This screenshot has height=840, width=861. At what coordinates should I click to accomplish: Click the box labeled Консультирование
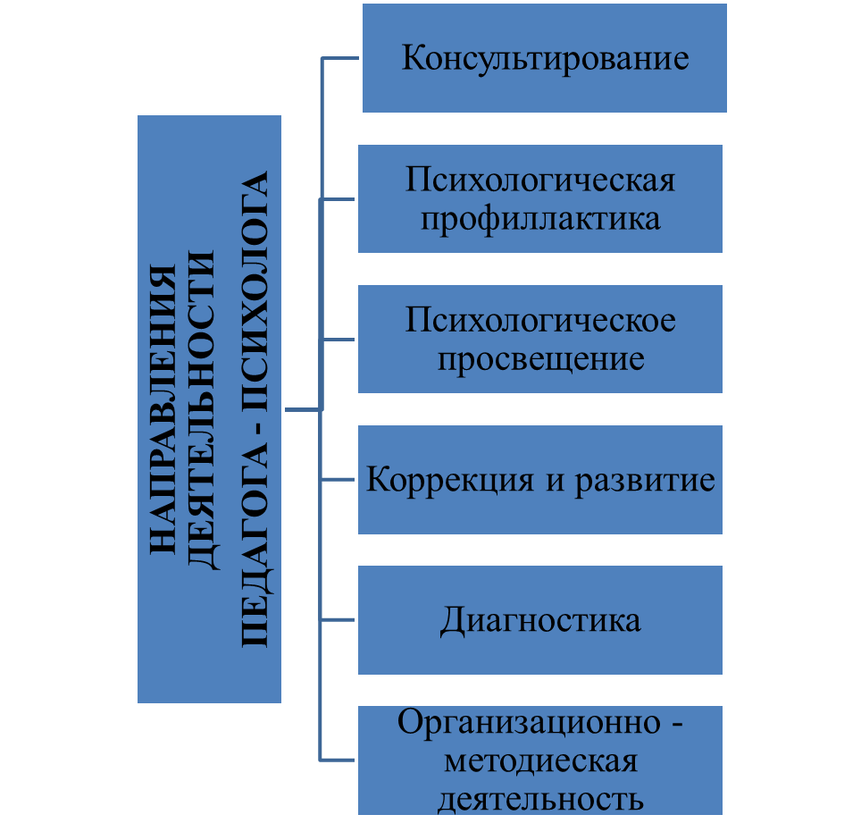(x=545, y=58)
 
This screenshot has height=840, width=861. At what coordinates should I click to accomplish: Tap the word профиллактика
(x=541, y=218)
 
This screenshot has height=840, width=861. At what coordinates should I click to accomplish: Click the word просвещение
(x=540, y=358)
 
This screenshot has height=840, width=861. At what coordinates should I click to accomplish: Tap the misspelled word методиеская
(x=540, y=760)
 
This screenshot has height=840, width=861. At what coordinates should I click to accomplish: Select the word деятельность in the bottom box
(x=540, y=798)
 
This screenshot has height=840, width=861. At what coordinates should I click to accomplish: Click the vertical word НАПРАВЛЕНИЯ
(x=163, y=407)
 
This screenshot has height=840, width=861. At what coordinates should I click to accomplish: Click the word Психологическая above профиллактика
(x=540, y=181)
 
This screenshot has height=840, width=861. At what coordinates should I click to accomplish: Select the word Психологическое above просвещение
(x=540, y=321)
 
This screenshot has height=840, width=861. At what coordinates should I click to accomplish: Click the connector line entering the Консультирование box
(x=340, y=59)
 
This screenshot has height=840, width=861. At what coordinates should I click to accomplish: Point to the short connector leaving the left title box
(x=302, y=410)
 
